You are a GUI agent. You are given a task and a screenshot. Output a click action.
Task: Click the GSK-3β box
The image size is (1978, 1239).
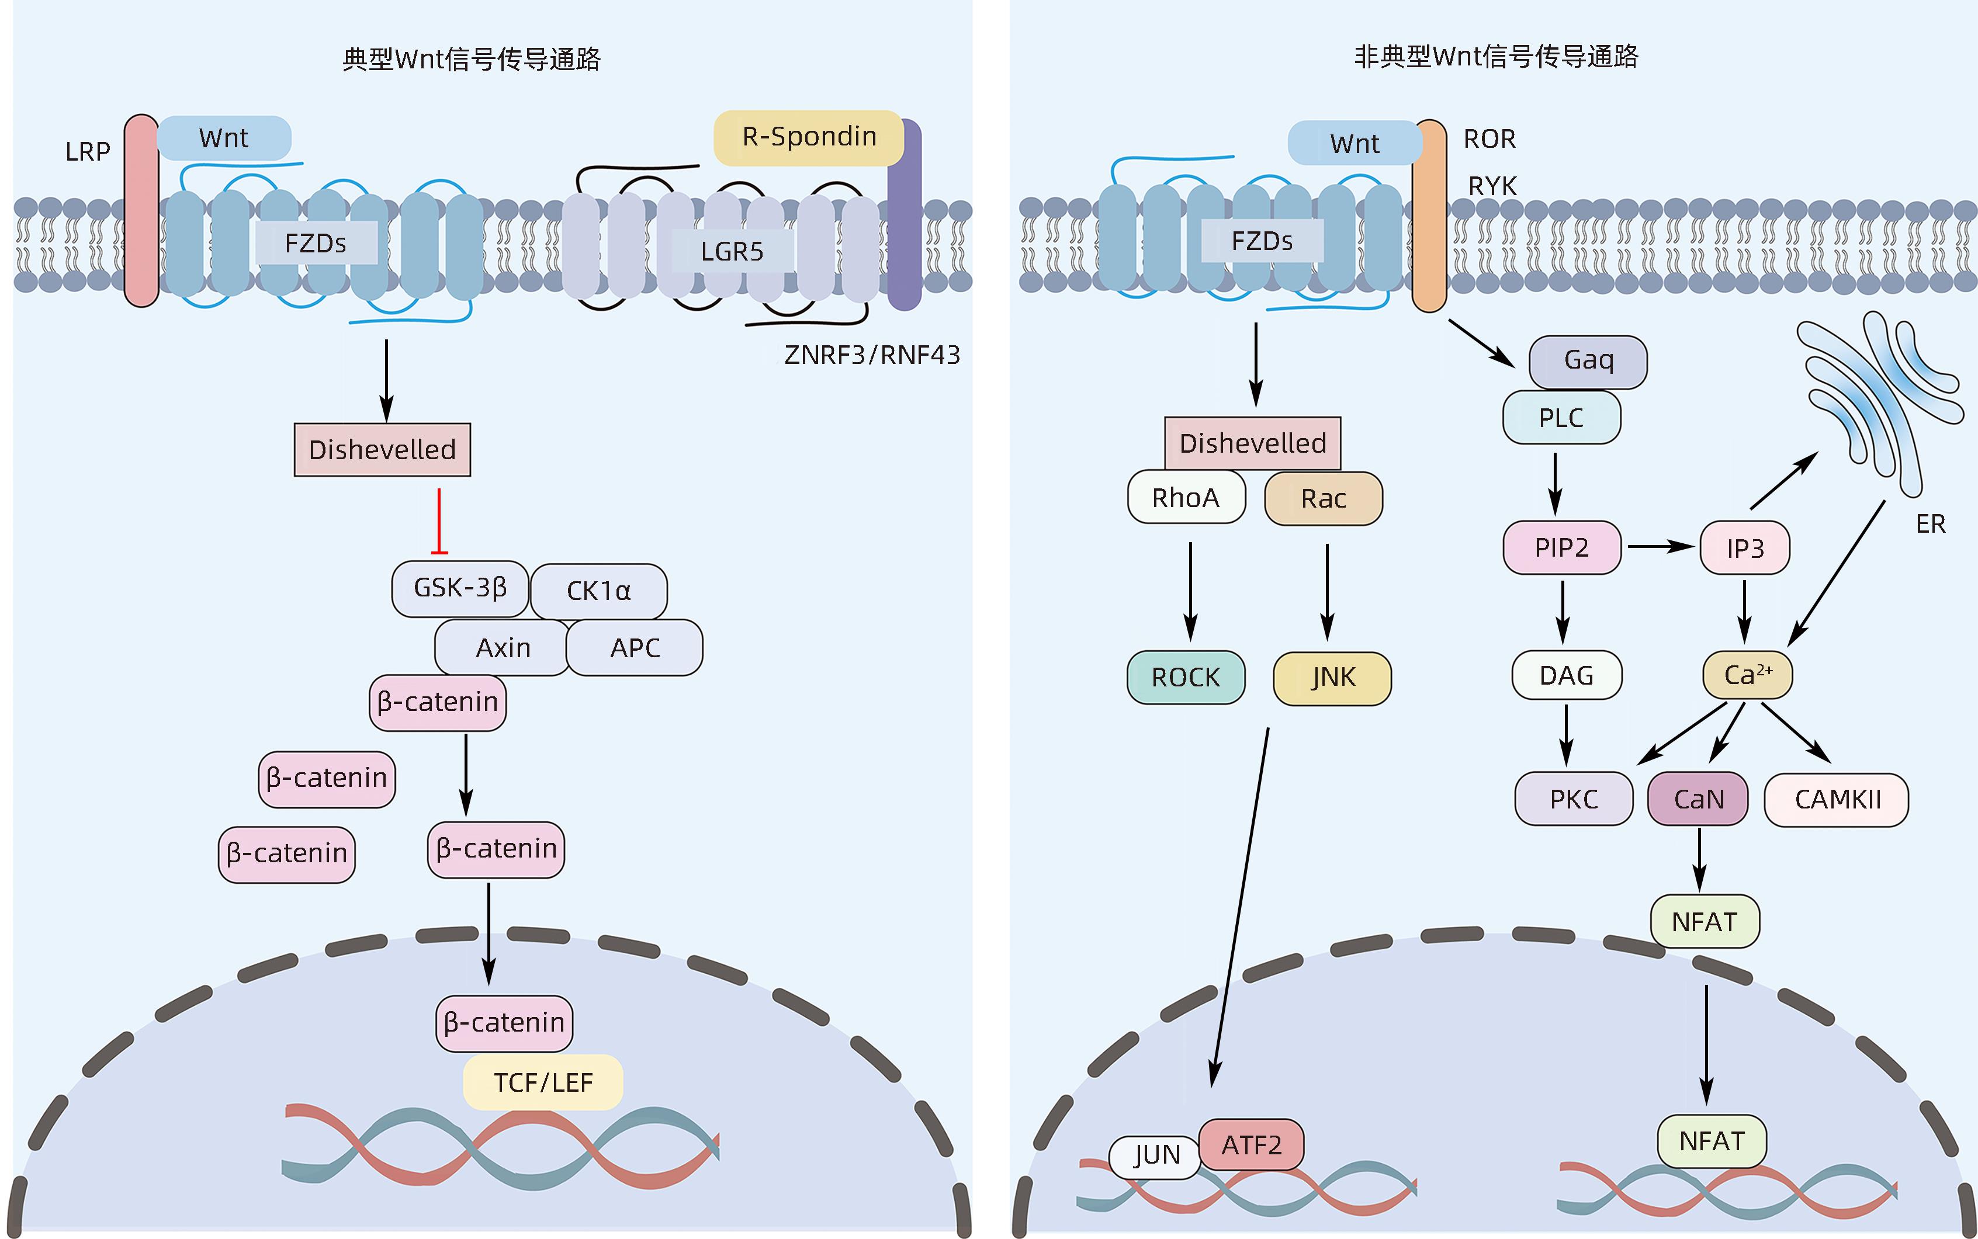click(460, 588)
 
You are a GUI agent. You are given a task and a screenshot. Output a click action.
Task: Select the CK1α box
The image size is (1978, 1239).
click(598, 591)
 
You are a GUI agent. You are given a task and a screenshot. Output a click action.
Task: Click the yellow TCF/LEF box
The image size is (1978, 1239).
click(543, 1082)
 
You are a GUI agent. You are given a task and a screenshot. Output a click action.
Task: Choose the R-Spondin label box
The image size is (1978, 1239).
click(808, 137)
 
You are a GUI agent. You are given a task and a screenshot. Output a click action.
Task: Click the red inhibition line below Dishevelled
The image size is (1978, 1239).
click(439, 521)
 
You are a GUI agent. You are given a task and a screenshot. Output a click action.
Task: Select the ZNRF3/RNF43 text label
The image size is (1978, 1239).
click(871, 355)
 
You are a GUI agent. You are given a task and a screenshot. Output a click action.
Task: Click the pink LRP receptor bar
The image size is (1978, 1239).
click(141, 211)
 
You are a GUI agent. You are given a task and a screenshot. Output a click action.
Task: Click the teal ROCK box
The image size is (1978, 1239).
click(1185, 678)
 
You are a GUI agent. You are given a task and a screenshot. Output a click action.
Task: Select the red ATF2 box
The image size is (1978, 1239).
click(1251, 1145)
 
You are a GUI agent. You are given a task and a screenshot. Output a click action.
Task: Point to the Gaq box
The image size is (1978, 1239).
click(1588, 360)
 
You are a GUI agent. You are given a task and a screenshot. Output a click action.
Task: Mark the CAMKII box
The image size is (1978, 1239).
click(1836, 800)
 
